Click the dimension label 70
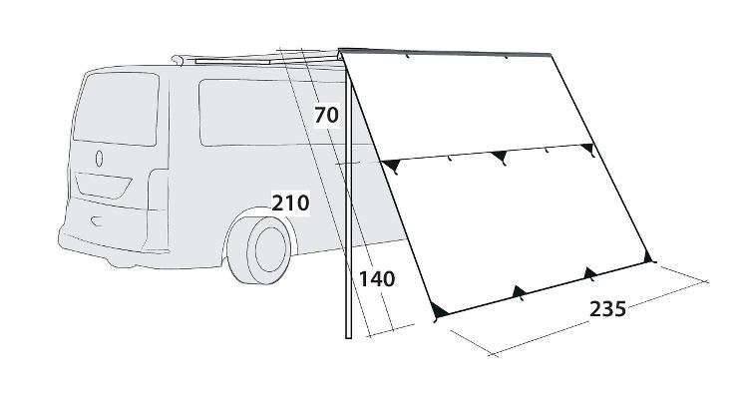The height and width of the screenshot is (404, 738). pyautogui.click(x=327, y=116)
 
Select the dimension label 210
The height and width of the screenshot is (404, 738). pyautogui.click(x=290, y=202)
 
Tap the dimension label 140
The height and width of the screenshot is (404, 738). pyautogui.click(x=377, y=279)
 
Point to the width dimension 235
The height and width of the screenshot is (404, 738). pyautogui.click(x=607, y=309)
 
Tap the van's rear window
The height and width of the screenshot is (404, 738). pyautogui.click(x=116, y=109)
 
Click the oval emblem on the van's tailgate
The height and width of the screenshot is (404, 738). pyautogui.click(x=99, y=159)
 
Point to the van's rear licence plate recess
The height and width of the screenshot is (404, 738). pyautogui.click(x=103, y=186)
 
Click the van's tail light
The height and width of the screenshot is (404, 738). pyautogui.click(x=158, y=190)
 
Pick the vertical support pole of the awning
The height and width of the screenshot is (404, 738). pyautogui.click(x=348, y=203)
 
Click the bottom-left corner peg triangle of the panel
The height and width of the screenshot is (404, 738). pyautogui.click(x=438, y=311)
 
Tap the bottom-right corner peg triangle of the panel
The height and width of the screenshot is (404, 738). pyautogui.click(x=648, y=257)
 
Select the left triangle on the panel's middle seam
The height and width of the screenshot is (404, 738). pyautogui.click(x=391, y=166)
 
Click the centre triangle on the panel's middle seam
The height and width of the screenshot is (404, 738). pyautogui.click(x=500, y=157)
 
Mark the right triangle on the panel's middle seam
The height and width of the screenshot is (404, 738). pyautogui.click(x=587, y=149)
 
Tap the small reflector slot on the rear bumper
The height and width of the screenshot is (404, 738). pyautogui.click(x=97, y=220)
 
